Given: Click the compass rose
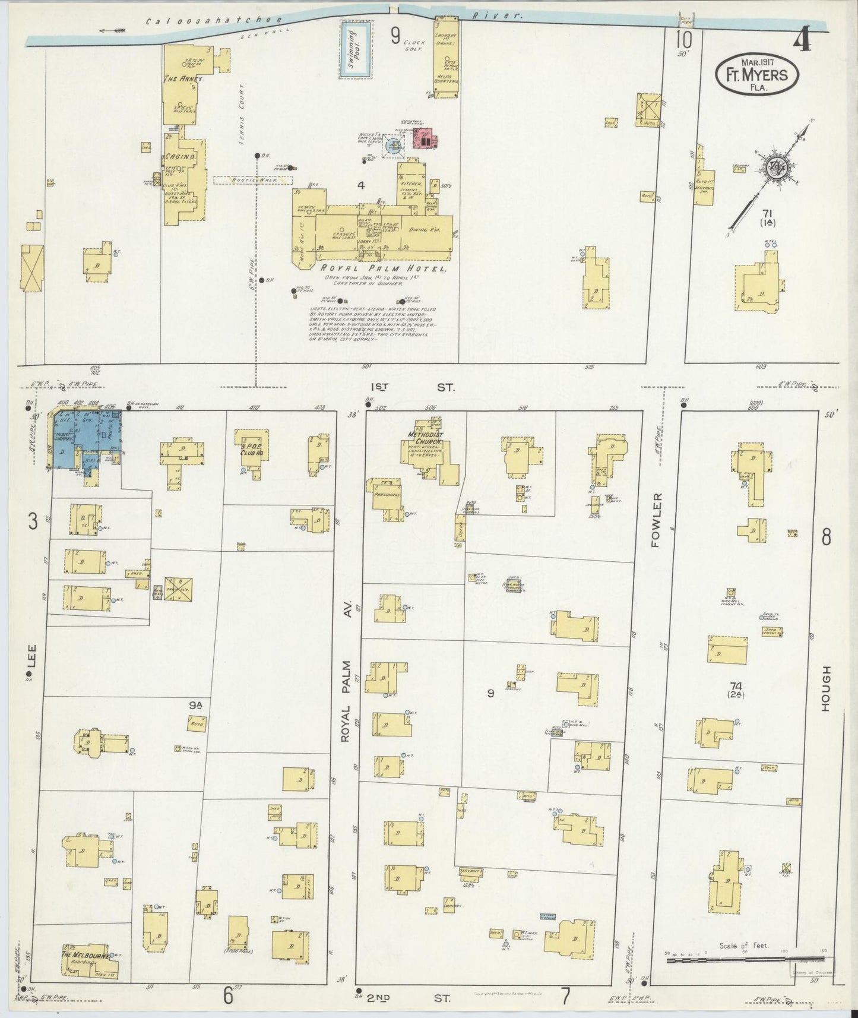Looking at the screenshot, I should pyautogui.click(x=774, y=166).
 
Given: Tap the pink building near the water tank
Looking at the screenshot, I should pyautogui.click(x=424, y=138).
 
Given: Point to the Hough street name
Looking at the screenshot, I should pyautogui.click(x=827, y=688).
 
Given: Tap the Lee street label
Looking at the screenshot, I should pyautogui.click(x=31, y=657).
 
